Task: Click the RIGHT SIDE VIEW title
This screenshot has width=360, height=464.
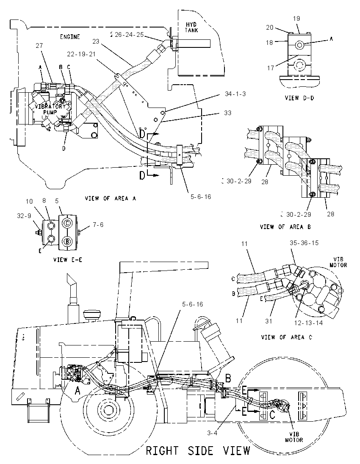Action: [x=198, y=451]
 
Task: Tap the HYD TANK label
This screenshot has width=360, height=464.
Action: [x=191, y=27]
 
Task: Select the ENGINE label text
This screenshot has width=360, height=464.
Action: [x=70, y=37]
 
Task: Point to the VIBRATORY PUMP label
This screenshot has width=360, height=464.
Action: [x=50, y=109]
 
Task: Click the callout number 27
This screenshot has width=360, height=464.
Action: [x=39, y=46]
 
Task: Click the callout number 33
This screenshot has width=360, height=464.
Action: [x=228, y=113]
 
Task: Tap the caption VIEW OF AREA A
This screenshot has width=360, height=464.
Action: [x=111, y=198]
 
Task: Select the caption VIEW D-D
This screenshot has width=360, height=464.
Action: [x=299, y=98]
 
